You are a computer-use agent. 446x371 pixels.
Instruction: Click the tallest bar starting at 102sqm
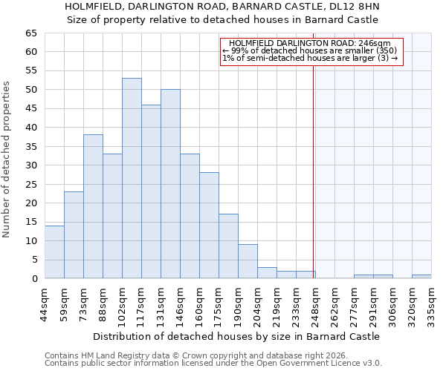(x=132, y=178)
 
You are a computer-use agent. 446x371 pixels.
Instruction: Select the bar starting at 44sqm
(x=54, y=252)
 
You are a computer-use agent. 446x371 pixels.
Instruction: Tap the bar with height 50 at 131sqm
(x=170, y=184)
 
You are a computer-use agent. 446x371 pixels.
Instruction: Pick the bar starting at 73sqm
(x=93, y=206)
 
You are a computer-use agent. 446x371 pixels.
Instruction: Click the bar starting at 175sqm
(x=228, y=246)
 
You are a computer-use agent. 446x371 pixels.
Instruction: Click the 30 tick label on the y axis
(x=30, y=165)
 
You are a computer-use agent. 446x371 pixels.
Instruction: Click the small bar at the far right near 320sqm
(x=421, y=277)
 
